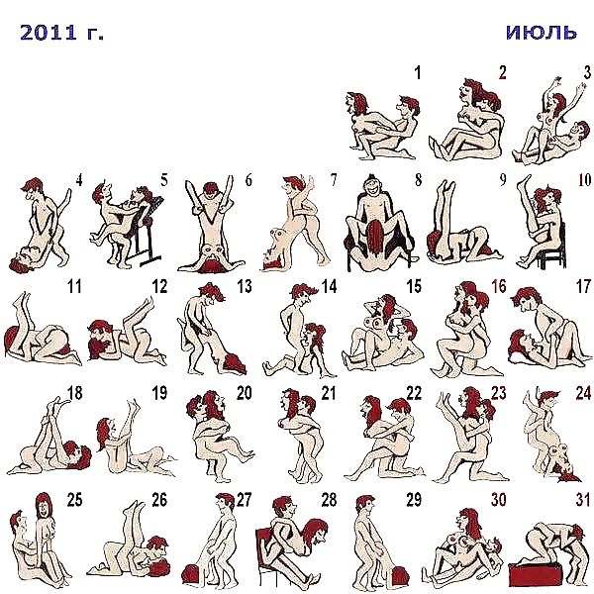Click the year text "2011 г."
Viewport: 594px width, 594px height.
click(x=61, y=33)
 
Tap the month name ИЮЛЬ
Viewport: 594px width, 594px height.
click(x=541, y=32)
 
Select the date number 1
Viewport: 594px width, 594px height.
click(x=417, y=72)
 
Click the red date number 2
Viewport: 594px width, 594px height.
click(x=502, y=72)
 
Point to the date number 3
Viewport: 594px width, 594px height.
click(x=587, y=72)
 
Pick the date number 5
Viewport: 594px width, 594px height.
click(x=163, y=180)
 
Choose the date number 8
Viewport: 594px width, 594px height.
click(x=418, y=180)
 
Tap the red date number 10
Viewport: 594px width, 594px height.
click(x=583, y=180)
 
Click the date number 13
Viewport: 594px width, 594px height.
click(x=244, y=287)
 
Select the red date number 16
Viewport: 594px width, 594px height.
click(x=498, y=287)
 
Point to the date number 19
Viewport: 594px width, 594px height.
click(x=158, y=393)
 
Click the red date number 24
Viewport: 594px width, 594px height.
click(x=583, y=393)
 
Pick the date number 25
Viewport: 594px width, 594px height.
click(x=73, y=499)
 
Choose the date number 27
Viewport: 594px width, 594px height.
click(x=244, y=499)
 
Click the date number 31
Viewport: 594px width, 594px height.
click(x=583, y=499)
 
